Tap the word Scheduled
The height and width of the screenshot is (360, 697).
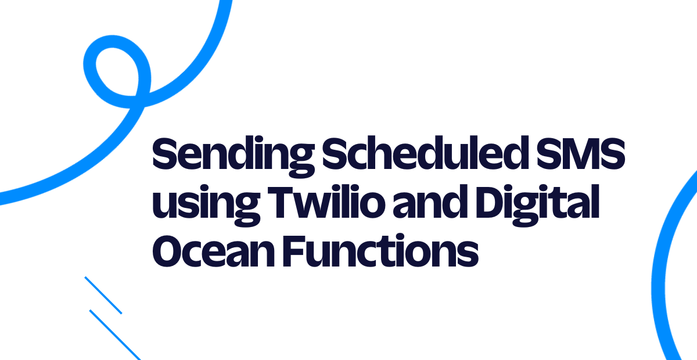point(425,153)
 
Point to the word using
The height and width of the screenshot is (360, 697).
point(206,206)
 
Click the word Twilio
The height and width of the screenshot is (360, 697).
point(326,202)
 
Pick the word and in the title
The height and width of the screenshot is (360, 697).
point(430,202)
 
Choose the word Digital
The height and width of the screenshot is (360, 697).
point(537,206)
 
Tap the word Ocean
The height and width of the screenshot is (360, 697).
point(214,251)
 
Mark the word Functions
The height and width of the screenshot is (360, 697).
point(380,250)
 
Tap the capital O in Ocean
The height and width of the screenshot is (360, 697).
point(169,251)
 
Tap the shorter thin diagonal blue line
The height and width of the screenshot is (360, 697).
point(103,296)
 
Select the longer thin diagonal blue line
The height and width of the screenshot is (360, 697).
point(115,335)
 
